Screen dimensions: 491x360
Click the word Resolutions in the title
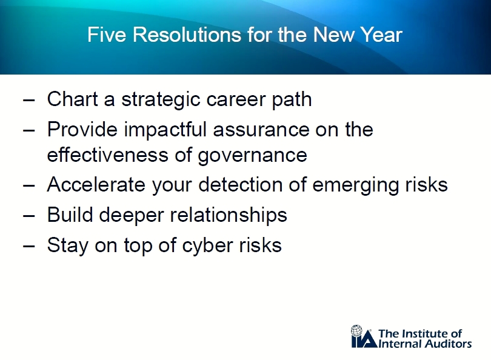187,34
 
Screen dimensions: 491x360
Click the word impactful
165,130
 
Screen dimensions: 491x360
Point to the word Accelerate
96,184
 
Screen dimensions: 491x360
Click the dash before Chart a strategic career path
29,101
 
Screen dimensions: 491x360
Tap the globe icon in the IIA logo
356,330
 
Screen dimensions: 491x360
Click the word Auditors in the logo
448,344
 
